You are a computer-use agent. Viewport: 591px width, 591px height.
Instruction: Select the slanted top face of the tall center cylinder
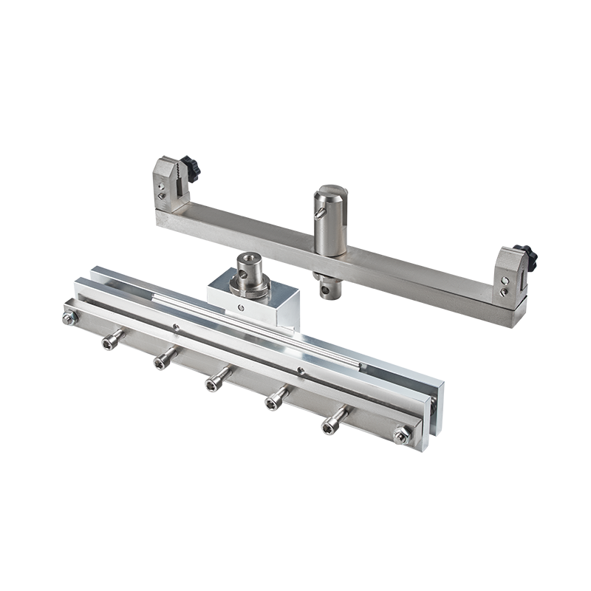coord(328,197)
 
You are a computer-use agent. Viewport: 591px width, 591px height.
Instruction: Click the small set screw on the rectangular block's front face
coord(239,303)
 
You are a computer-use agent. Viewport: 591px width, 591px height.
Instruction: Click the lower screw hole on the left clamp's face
coord(161,197)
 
